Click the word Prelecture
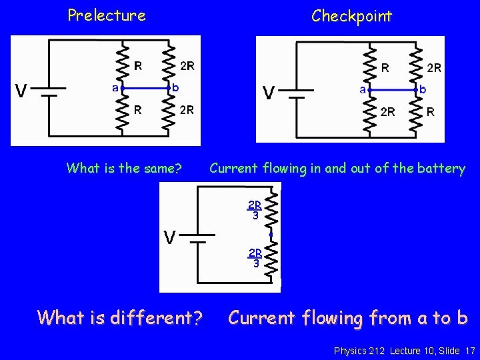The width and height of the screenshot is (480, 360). click(107, 15)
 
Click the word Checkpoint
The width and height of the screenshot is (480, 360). click(352, 16)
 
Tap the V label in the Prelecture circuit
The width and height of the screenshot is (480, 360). click(22, 91)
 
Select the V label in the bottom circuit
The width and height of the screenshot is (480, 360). click(171, 237)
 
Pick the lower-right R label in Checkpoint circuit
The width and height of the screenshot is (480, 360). click(431, 112)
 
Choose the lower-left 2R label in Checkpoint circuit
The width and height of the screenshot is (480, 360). click(387, 112)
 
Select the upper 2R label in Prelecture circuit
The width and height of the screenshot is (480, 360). click(187, 66)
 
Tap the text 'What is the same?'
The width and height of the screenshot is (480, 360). click(124, 169)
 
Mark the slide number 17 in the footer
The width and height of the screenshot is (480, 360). click(470, 350)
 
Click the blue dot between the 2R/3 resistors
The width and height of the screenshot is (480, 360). click(271, 235)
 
